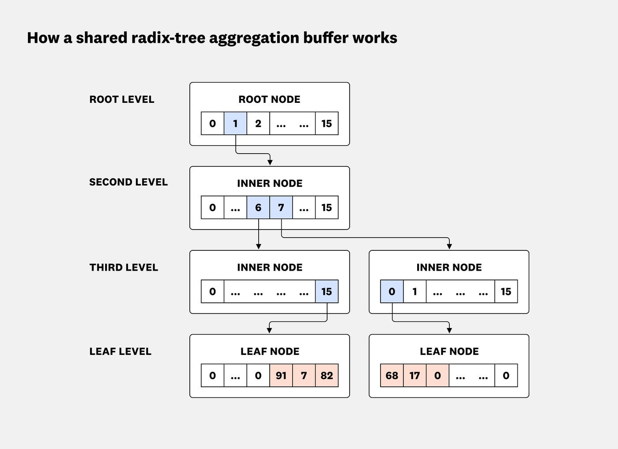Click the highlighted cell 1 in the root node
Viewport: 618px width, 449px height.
pyautogui.click(x=235, y=124)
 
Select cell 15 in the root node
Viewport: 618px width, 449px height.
pyautogui.click(x=327, y=124)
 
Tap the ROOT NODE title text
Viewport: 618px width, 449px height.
pyautogui.click(x=269, y=99)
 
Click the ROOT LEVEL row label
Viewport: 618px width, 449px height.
pyautogui.click(x=122, y=99)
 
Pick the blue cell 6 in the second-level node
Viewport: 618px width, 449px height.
pyautogui.click(x=258, y=208)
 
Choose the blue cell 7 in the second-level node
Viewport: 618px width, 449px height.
pyautogui.click(x=281, y=208)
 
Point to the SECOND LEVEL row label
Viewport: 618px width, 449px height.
pyautogui.click(x=128, y=182)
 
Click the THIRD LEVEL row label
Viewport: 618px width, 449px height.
pyautogui.click(x=124, y=268)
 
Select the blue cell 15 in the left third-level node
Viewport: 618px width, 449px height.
pyautogui.click(x=327, y=291)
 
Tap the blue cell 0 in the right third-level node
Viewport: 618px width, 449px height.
pyautogui.click(x=392, y=291)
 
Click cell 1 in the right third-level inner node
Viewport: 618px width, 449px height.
pyautogui.click(x=415, y=291)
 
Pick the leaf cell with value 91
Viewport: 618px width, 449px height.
pyautogui.click(x=281, y=376)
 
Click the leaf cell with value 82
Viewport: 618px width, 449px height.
pyautogui.click(x=327, y=376)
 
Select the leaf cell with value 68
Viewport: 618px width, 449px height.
pyautogui.click(x=392, y=376)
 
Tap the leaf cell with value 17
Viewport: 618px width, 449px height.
pyautogui.click(x=415, y=376)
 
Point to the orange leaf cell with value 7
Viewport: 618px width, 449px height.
pyautogui.click(x=304, y=376)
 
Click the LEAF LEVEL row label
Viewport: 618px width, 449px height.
pyautogui.click(x=121, y=351)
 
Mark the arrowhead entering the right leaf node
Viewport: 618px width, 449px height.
pyautogui.click(x=449, y=330)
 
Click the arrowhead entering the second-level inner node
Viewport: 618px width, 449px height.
pyautogui.click(x=270, y=162)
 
